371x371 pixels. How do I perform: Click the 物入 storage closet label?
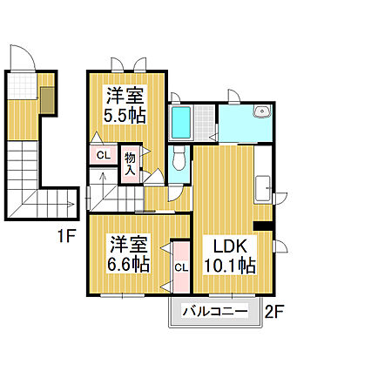coord(131,163)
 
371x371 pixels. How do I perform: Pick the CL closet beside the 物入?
coord(103,156)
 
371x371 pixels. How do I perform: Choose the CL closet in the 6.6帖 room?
coord(181,267)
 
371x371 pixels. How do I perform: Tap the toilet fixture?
coord(178,159)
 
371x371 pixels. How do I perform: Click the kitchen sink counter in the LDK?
coord(264,187)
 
